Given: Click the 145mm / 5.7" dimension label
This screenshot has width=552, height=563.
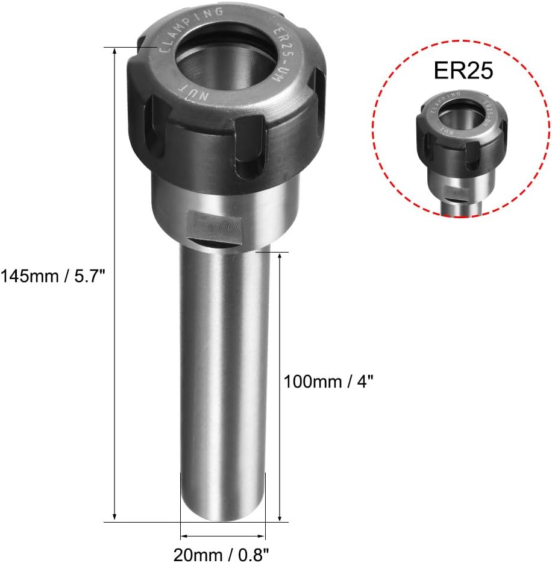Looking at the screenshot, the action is pos(53,277).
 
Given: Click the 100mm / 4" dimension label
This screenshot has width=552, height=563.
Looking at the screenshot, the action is pos(328,382).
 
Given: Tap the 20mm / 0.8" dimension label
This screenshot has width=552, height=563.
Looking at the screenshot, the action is pos(221,555).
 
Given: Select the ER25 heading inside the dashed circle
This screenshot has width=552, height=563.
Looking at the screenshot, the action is pos(463,71).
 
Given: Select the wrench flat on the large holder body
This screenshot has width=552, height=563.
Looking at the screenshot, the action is pos(215,227).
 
